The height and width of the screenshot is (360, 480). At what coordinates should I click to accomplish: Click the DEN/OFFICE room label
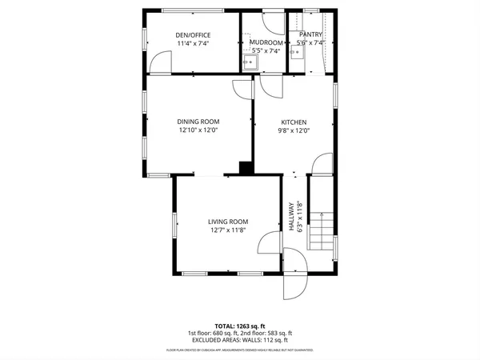(192, 34)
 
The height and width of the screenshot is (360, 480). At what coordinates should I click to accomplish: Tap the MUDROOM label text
(266, 42)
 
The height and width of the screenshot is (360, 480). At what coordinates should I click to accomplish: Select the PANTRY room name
(310, 34)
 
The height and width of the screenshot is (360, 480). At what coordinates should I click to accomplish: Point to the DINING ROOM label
(198, 122)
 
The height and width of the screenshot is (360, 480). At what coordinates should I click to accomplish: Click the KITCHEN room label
(294, 122)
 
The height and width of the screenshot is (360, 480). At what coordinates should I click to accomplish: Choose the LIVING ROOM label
(228, 222)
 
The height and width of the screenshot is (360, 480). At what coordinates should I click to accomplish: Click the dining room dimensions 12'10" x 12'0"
(198, 130)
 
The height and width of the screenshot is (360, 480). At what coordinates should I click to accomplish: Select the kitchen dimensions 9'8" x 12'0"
(294, 130)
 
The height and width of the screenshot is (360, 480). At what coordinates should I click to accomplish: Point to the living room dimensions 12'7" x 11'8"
(228, 230)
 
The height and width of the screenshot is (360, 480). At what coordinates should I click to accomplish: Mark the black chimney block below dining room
(246, 168)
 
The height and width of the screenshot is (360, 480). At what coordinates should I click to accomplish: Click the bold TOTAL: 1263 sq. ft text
(239, 326)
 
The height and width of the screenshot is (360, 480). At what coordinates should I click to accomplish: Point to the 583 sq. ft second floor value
(277, 333)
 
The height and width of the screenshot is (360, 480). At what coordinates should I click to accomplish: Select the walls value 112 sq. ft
(274, 340)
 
